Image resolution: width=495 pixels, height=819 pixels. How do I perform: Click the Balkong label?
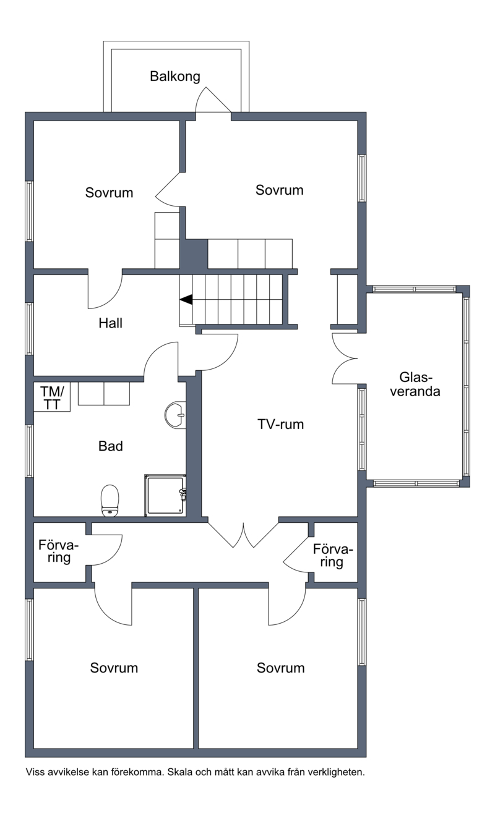[175, 77]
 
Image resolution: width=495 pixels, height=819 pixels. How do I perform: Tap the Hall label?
[110, 323]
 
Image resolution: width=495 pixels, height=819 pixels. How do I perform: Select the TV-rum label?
[280, 424]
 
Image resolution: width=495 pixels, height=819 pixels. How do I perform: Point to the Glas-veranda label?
[415, 384]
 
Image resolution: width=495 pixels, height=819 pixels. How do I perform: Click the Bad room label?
[111, 446]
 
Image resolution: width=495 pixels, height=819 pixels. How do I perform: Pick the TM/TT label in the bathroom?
[52, 398]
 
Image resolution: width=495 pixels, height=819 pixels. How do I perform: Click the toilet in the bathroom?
[110, 501]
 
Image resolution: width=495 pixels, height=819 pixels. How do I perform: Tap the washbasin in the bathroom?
[175, 415]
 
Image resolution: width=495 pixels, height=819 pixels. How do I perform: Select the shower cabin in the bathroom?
[165, 496]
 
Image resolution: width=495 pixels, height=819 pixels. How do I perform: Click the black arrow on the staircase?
[186, 299]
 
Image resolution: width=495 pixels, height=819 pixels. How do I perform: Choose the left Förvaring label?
[59, 552]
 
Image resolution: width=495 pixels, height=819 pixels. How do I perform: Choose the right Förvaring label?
[333, 556]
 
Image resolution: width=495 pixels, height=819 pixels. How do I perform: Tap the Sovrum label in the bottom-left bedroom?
[114, 668]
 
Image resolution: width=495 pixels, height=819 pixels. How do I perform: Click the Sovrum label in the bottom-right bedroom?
[280, 668]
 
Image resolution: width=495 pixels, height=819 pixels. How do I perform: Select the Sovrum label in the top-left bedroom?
[109, 193]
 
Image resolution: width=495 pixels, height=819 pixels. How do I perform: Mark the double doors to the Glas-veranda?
[345, 359]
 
